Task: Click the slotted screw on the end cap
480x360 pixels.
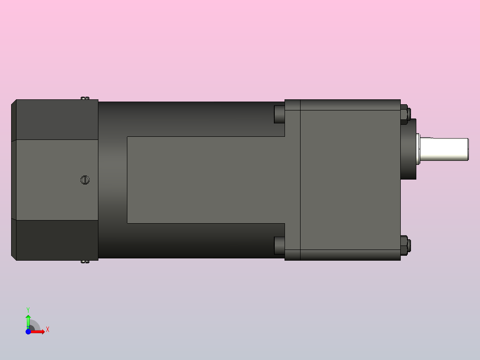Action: [85, 180]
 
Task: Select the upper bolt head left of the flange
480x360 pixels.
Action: [279, 114]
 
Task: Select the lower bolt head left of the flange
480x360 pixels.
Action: [279, 245]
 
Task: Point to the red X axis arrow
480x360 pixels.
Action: [39, 331]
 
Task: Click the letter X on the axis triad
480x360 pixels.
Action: [48, 330]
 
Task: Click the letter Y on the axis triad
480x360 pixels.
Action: [28, 309]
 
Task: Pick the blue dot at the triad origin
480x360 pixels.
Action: [28, 331]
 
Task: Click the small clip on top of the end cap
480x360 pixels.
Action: [85, 98]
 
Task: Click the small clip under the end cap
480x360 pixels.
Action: [85, 262]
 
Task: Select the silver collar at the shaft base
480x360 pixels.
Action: [419, 149]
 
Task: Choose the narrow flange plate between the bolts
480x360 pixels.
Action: [293, 180]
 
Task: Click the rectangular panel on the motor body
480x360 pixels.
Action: [205, 180]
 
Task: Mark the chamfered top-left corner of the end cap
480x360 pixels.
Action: [14, 102]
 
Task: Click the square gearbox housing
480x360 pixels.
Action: [350, 180]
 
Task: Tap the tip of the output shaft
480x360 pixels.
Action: [468, 149]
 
